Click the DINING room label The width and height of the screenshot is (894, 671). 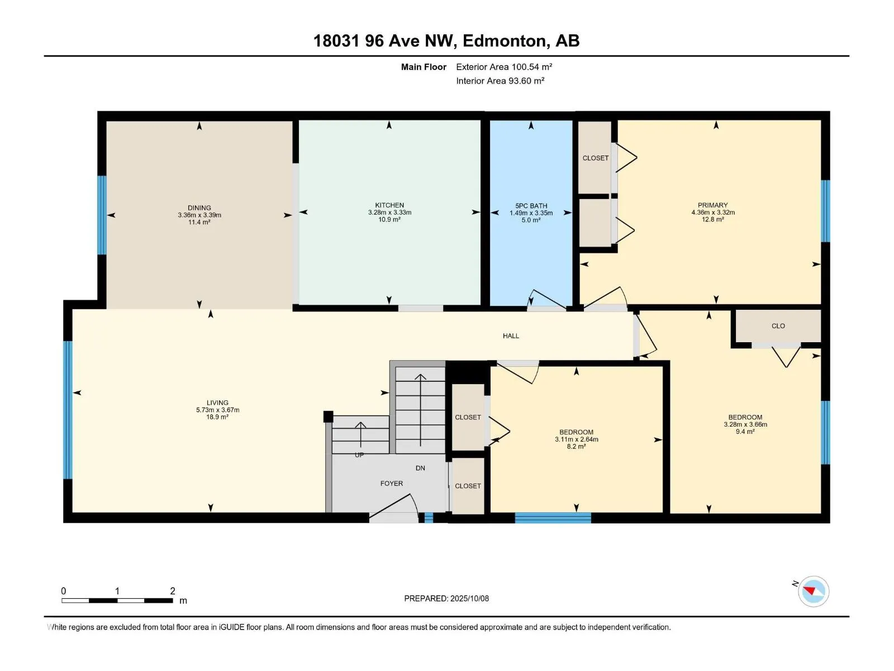click(199, 208)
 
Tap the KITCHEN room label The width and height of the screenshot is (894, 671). click(389, 205)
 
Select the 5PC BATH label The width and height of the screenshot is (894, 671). click(531, 206)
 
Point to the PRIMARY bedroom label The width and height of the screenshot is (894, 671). click(712, 205)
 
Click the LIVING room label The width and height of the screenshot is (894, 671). click(217, 403)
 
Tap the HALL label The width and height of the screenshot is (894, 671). click(511, 336)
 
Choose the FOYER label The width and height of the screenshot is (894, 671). click(392, 484)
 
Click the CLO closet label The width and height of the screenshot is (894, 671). click(778, 326)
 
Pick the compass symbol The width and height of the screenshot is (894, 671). click(814, 591)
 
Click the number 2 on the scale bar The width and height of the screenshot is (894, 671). click(173, 590)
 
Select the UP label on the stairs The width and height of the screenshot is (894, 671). click(359, 455)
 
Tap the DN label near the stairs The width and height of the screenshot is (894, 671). click(420, 468)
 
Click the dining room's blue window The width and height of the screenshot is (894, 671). click(102, 215)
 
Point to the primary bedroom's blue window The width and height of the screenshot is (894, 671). click(825, 211)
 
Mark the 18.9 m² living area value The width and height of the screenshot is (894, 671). click(217, 417)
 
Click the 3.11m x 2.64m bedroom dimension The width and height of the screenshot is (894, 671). click(576, 440)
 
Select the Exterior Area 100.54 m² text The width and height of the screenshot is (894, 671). click(504, 67)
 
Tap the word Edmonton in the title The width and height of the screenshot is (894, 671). click(504, 41)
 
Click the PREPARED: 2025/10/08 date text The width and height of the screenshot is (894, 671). click(446, 598)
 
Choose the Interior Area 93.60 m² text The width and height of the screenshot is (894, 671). click(500, 81)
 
